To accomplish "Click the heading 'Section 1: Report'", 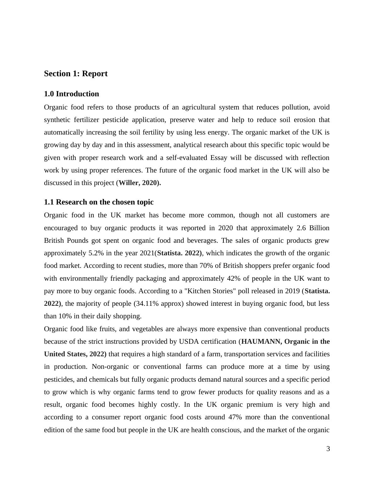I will point(76,74).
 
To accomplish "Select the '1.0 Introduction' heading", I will point(71,94).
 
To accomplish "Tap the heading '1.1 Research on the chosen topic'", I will point(99,202).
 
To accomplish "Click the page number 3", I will point(328,449).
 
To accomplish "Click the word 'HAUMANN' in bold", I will point(261,342).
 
